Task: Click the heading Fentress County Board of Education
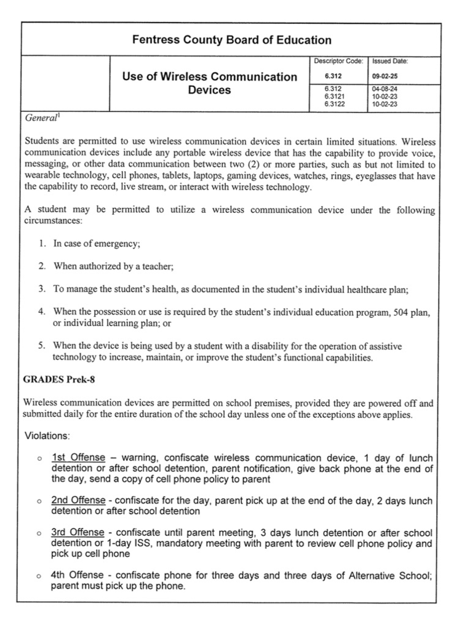[231, 41]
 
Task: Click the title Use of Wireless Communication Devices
[210, 84]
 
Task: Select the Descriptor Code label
[338, 61]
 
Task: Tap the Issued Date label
[390, 61]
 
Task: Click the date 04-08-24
[384, 89]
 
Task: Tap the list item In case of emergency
[97, 244]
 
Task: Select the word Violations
[47, 436]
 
